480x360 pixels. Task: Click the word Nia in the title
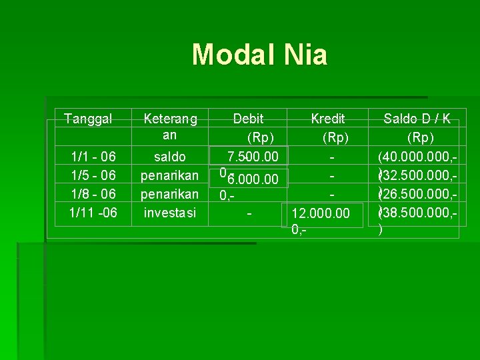304,55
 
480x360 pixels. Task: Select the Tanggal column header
88,119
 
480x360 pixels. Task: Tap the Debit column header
248,119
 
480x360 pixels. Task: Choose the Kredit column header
328,119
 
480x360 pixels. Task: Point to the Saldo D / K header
417,119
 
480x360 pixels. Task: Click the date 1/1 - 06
93,157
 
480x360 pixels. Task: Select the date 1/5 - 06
93,175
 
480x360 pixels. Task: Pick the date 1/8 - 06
93,194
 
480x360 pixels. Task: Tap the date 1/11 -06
93,213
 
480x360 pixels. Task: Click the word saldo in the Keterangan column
170,157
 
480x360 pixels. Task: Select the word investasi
170,213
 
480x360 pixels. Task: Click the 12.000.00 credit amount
321,213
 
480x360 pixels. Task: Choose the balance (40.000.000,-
417,157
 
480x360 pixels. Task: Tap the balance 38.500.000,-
419,213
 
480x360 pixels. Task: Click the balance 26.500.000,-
419,194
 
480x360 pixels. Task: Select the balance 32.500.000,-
419,175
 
